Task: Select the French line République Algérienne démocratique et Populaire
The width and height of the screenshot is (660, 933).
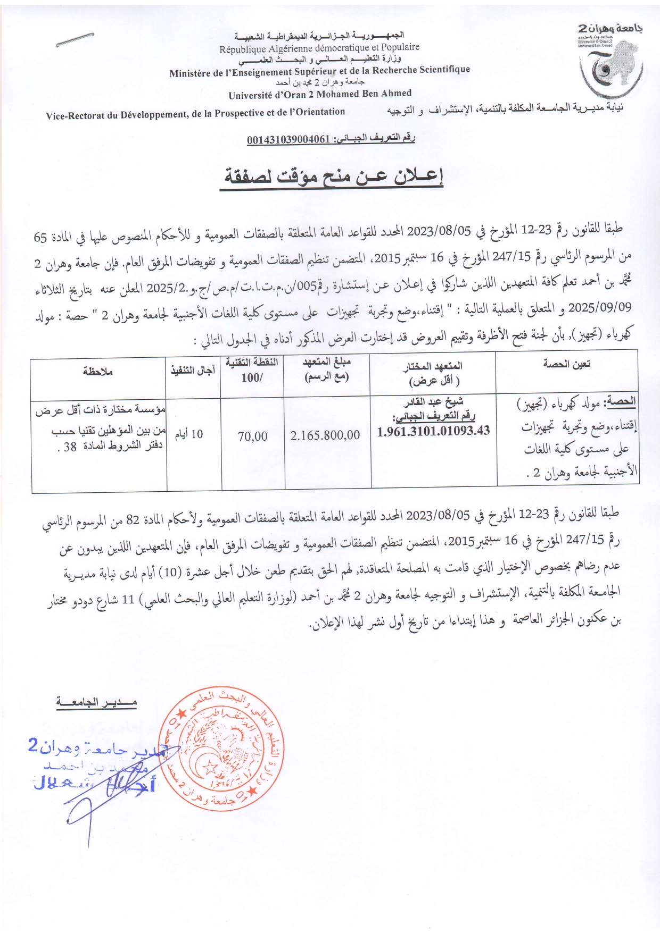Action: (319, 48)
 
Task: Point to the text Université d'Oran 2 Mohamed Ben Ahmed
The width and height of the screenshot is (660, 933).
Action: (320, 94)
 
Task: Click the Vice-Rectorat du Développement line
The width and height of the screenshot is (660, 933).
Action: (195, 112)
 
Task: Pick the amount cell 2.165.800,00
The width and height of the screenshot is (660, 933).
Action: (325, 435)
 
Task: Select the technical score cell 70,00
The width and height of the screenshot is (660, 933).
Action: (252, 436)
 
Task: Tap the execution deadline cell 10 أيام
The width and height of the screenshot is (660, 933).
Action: (189, 434)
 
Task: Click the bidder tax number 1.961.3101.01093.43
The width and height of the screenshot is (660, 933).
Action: (433, 431)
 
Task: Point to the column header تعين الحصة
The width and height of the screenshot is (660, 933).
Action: (567, 364)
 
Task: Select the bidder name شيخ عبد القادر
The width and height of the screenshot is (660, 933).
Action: (434, 402)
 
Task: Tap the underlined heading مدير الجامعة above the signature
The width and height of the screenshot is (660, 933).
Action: (97, 703)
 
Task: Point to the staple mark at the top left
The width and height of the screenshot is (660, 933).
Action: (75, 40)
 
